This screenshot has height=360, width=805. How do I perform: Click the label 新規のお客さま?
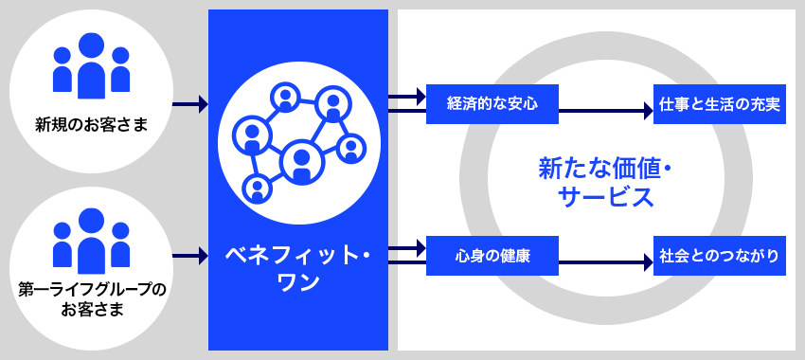tap(91, 123)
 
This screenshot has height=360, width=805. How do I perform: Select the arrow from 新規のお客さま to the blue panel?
tap(190, 104)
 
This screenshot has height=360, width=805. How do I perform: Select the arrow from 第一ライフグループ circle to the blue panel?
tap(190, 255)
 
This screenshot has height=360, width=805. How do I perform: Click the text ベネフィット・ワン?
tap(298, 268)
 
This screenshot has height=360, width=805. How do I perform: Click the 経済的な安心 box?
tap(492, 104)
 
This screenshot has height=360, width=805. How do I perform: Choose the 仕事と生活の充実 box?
tap(719, 104)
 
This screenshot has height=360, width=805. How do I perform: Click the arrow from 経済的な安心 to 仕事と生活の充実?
tap(606, 111)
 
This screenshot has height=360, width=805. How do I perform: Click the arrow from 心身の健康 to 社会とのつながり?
tap(606, 262)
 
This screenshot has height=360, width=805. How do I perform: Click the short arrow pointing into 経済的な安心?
tap(408, 97)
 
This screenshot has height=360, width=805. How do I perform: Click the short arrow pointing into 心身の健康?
tap(408, 248)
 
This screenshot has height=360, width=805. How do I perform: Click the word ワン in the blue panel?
tap(297, 282)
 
